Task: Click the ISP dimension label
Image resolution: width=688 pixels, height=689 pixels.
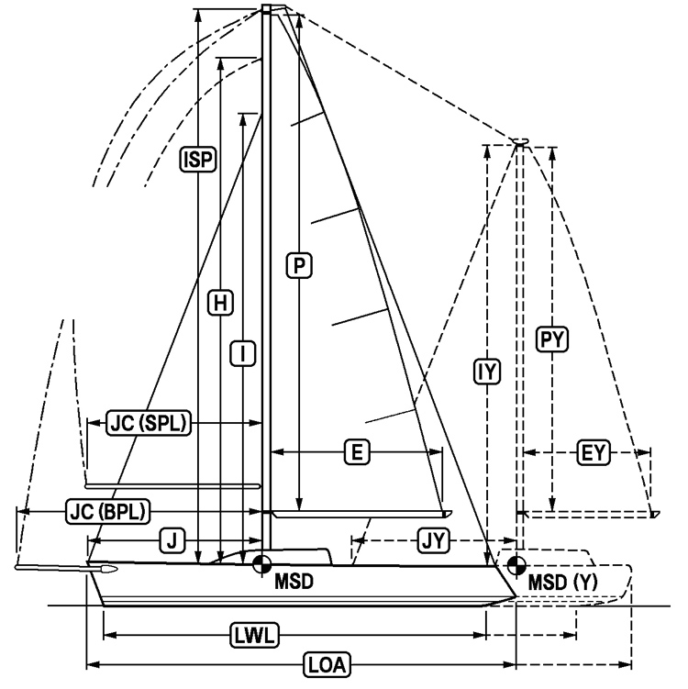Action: (x=198, y=160)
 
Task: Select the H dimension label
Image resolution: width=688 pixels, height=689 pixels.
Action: (x=220, y=301)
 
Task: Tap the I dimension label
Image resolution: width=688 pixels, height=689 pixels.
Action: (x=241, y=352)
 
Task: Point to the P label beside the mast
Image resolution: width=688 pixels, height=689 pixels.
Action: (x=299, y=265)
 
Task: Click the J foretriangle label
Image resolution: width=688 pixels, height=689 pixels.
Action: (x=172, y=540)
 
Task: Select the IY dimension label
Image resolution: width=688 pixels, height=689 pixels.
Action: (x=486, y=372)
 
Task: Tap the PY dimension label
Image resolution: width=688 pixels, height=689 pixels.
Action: (x=552, y=339)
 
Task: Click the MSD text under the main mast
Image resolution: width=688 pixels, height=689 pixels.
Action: (x=293, y=580)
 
